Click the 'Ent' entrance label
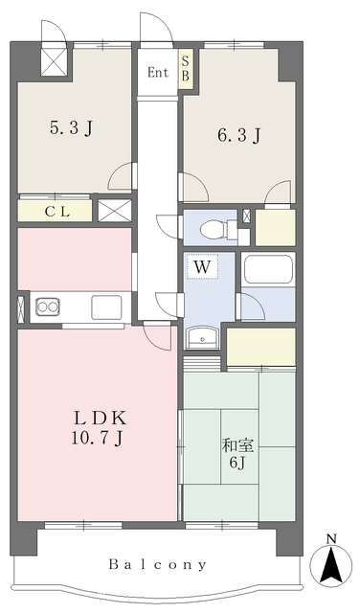158,72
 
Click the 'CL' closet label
54,211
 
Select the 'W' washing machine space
202,266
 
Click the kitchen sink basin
105,306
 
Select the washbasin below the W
202,339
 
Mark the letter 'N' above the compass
331,538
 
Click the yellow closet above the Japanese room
260,345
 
